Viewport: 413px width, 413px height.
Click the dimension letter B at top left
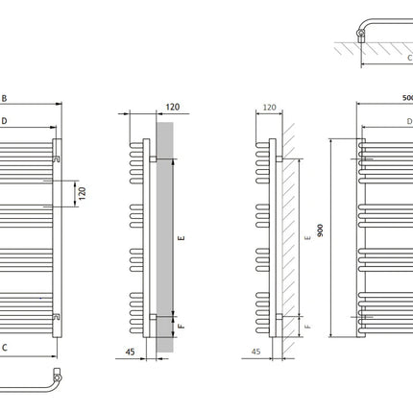pyautogui.click(x=4, y=98)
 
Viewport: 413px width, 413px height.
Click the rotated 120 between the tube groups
pyautogui.click(x=83, y=193)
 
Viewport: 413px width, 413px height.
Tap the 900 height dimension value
pyautogui.click(x=320, y=231)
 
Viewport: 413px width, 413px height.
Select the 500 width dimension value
pyautogui.click(x=407, y=98)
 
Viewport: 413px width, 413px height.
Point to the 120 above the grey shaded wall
pyautogui.click(x=173, y=107)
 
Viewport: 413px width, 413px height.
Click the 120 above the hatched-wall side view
pyautogui.click(x=269, y=108)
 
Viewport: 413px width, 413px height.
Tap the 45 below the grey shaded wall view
pyautogui.click(x=130, y=352)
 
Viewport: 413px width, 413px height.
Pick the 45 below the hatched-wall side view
pyautogui.click(x=255, y=352)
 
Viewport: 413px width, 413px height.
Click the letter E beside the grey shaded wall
pyautogui.click(x=182, y=238)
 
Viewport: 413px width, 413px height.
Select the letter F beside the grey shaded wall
pyautogui.click(x=182, y=326)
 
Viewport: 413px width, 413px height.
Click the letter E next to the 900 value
pyautogui.click(x=308, y=238)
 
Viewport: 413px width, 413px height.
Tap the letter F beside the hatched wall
pyautogui.click(x=307, y=327)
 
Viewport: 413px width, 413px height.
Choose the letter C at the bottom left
pyautogui.click(x=5, y=348)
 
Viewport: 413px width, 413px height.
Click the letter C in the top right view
pyautogui.click(x=409, y=58)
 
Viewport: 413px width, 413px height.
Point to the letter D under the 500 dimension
pyautogui.click(x=409, y=121)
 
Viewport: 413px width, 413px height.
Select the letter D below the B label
pyautogui.click(x=4, y=121)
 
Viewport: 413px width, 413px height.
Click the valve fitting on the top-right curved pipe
pyautogui.click(x=361, y=36)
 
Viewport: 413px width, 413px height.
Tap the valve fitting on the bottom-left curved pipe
pyautogui.click(x=58, y=376)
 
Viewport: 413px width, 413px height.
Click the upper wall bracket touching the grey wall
pyautogui.click(x=153, y=159)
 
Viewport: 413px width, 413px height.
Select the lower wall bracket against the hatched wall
pyautogui.click(x=279, y=317)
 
